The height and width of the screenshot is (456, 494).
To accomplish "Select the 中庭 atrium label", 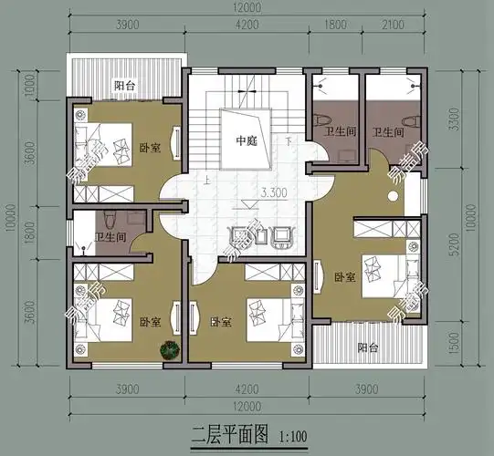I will (247, 140).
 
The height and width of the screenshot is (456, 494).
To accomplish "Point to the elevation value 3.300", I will (277, 193).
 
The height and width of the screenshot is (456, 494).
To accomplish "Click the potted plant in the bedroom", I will (169, 348).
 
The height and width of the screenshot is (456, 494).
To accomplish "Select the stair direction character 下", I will (288, 141).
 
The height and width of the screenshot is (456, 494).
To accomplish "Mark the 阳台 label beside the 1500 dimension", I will (366, 347).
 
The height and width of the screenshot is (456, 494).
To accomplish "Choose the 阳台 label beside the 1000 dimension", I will (125, 86).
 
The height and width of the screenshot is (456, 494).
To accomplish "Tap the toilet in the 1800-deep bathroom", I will (108, 220).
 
